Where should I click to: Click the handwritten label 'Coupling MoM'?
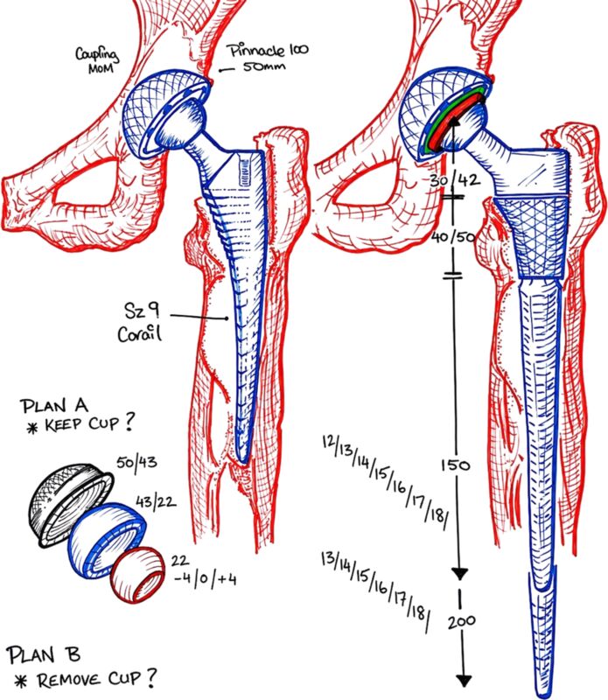(97, 59)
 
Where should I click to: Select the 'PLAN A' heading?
(54, 406)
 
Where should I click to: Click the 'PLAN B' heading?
(44, 654)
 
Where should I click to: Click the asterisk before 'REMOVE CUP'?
(21, 682)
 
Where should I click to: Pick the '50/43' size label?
(137, 462)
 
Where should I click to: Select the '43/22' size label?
(156, 501)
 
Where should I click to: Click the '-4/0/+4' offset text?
(205, 579)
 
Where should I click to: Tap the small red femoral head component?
(138, 575)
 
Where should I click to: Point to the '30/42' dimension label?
(455, 181)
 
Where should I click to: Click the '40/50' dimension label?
(453, 236)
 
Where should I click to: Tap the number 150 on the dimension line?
(455, 465)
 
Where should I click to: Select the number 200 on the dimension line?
(462, 621)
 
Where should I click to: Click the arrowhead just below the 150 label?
(460, 575)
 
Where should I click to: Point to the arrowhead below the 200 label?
(465, 681)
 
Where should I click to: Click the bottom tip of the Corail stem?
(242, 463)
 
